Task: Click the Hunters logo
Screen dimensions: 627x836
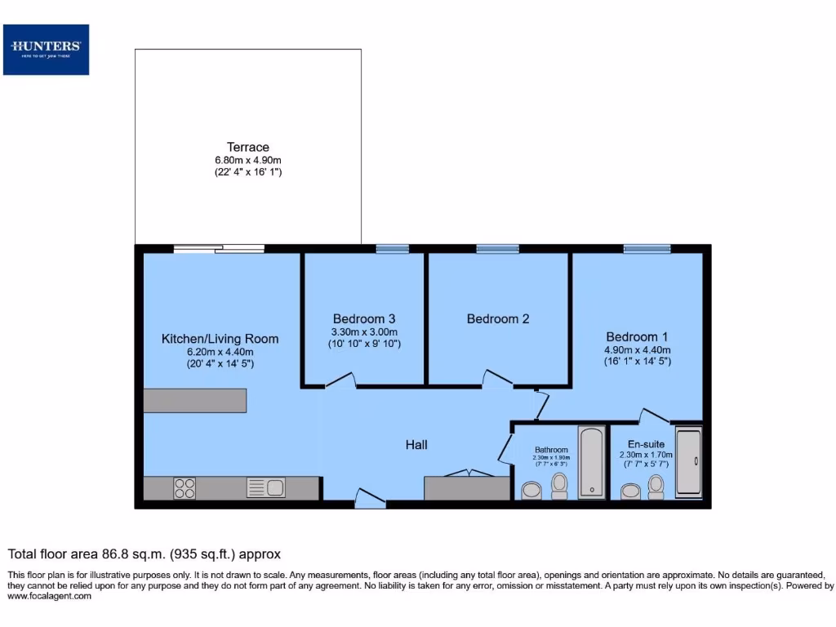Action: pyautogui.click(x=46, y=49)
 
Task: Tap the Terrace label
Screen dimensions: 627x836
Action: pyautogui.click(x=248, y=147)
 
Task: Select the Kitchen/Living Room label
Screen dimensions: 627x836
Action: pyautogui.click(x=220, y=339)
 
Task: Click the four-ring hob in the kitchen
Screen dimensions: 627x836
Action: pyautogui.click(x=185, y=488)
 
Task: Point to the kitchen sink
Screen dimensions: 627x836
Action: pyautogui.click(x=265, y=488)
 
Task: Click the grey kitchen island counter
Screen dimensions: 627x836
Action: pyautogui.click(x=194, y=400)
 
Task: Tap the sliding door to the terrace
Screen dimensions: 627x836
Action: pyautogui.click(x=219, y=248)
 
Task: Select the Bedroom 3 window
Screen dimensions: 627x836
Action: pyautogui.click(x=392, y=248)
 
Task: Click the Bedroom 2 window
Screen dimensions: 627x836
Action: pyautogui.click(x=497, y=248)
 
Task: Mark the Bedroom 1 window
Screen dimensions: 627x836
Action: pyautogui.click(x=647, y=248)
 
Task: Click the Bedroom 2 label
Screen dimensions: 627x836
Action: pyautogui.click(x=498, y=318)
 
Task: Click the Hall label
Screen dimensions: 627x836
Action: pyautogui.click(x=416, y=444)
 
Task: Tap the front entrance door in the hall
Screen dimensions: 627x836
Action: pyautogui.click(x=371, y=499)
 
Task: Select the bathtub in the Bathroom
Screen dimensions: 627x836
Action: pyautogui.click(x=592, y=461)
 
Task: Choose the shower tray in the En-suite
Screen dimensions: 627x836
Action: pyautogui.click(x=689, y=461)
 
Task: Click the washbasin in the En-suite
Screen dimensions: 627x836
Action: pyautogui.click(x=631, y=491)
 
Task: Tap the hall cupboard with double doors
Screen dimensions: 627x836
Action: pyautogui.click(x=467, y=487)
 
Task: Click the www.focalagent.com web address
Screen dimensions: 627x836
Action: pyautogui.click(x=49, y=596)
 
